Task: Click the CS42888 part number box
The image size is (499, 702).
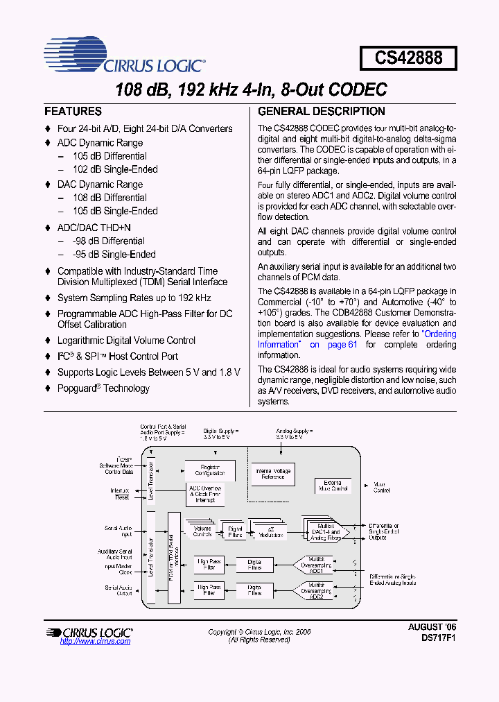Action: coord(408,58)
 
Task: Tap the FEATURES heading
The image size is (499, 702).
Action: coord(73,111)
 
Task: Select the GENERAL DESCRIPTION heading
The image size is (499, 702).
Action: coord(321,111)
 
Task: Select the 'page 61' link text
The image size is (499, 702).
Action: coord(343,345)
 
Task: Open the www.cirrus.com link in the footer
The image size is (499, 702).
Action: coord(95,641)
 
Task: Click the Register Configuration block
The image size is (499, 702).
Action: coord(210,470)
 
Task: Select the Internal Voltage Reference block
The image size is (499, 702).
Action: coord(273,474)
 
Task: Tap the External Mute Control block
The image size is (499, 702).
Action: coord(333,486)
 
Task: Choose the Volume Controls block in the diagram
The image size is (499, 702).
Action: coord(202,532)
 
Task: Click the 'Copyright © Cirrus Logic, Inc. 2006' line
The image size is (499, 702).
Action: coord(259,632)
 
